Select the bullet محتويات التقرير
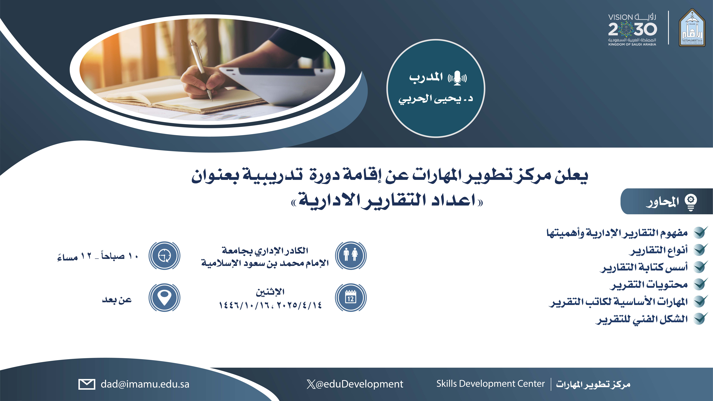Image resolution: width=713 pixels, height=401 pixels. click(648, 285)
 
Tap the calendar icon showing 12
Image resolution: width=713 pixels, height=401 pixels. click(351, 298)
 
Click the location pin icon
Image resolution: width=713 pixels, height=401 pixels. click(164, 298)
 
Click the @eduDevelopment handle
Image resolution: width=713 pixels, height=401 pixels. click(355, 384)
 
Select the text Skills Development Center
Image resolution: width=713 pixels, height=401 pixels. click(490, 384)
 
